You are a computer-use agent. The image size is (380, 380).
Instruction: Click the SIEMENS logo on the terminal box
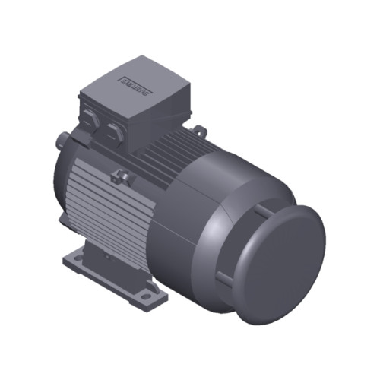[x=135, y=82]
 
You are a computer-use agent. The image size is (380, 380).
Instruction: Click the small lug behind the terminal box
[x=199, y=131]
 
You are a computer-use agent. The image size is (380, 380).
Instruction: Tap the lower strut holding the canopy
[x=224, y=276]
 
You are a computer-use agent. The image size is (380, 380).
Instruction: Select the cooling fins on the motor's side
[x=95, y=205]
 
